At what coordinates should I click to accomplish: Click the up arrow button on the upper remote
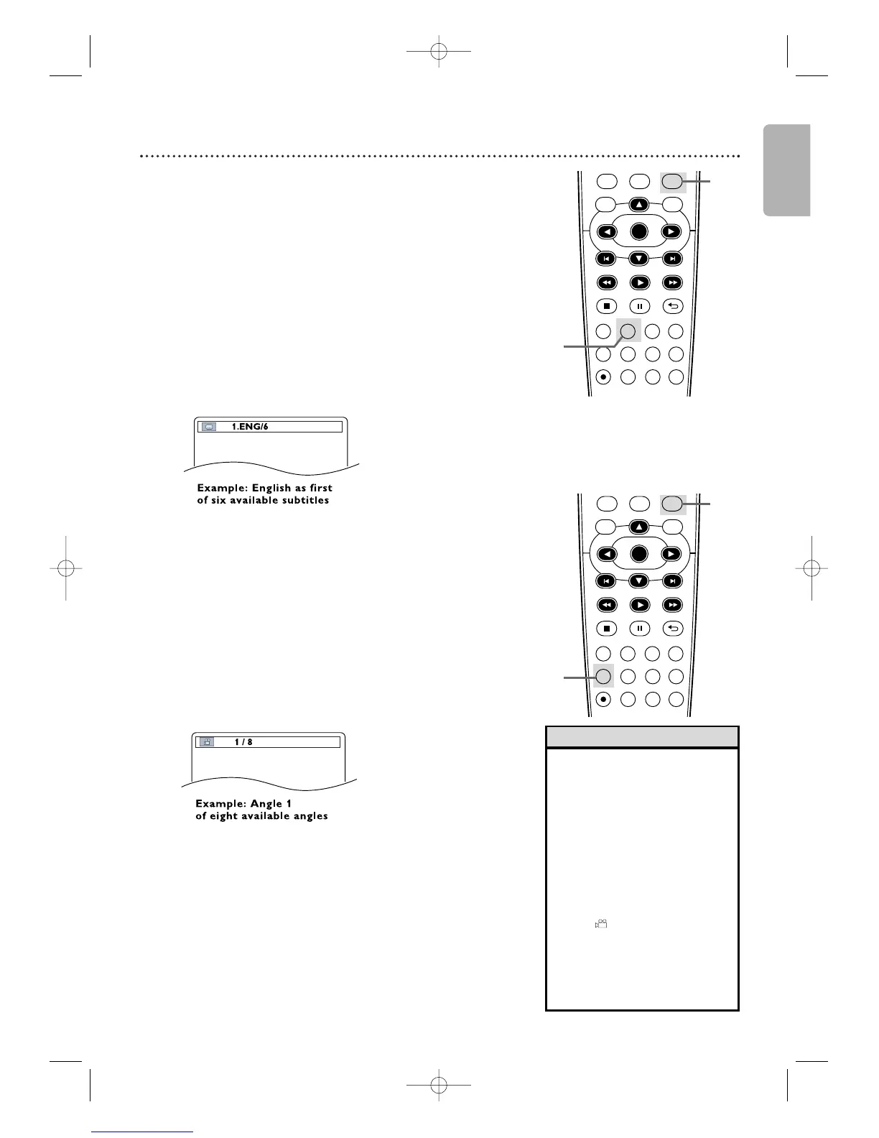[638, 204]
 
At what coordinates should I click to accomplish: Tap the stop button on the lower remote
[606, 628]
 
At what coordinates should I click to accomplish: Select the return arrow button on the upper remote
[671, 306]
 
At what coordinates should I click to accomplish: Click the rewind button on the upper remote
[606, 282]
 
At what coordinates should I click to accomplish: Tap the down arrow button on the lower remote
[638, 580]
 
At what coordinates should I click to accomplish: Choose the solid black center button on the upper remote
[638, 231]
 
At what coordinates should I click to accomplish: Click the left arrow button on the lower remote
[607, 554]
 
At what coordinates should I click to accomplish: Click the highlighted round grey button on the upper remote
[628, 331]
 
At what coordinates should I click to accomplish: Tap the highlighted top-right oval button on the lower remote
[672, 504]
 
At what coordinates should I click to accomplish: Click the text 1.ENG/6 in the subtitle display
[250, 427]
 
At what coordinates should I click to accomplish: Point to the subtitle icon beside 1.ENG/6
[208, 427]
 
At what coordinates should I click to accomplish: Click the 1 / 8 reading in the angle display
[243, 742]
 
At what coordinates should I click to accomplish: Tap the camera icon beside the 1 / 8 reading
[207, 742]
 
